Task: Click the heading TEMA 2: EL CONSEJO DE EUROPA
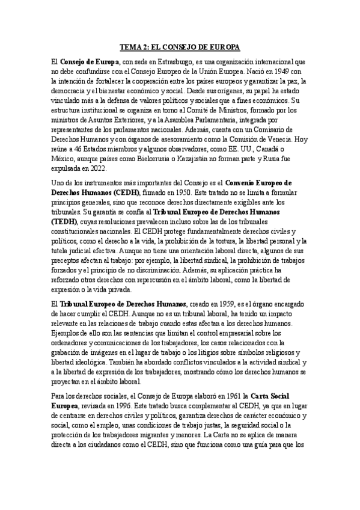(x=180, y=46)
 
